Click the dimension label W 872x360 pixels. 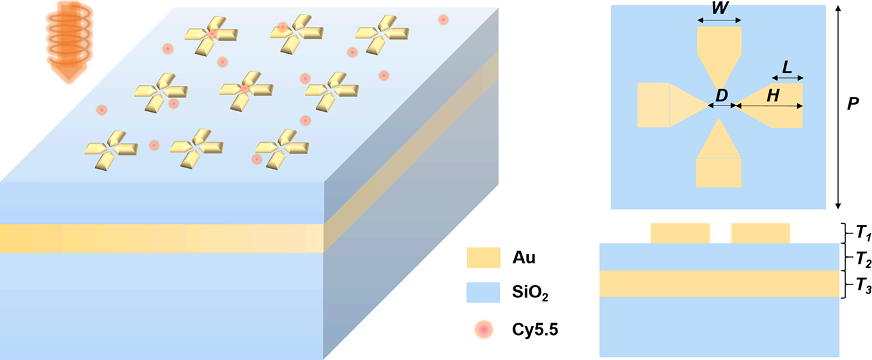click(x=719, y=10)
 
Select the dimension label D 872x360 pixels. click(x=722, y=95)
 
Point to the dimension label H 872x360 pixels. click(x=773, y=96)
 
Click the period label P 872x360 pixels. click(x=852, y=104)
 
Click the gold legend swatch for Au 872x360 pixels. click(x=483, y=258)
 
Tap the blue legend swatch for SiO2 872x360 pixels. click(x=483, y=294)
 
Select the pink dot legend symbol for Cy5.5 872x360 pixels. click(x=484, y=329)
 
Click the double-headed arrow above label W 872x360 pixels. click(x=719, y=21)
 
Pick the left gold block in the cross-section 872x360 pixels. click(x=680, y=233)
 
